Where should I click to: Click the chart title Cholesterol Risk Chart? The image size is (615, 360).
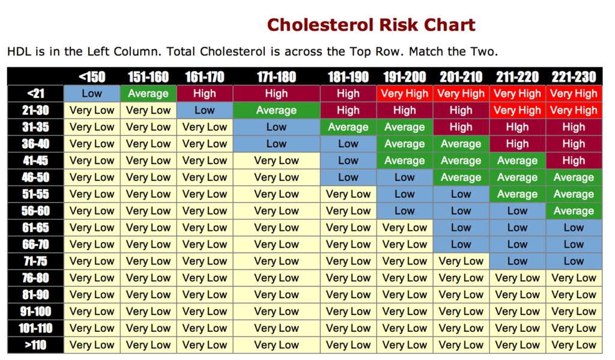pos(371,25)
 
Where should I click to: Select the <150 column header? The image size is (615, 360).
pos(92,77)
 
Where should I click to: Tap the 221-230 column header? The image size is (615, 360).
pos(573,77)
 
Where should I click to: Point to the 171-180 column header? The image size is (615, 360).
pos(276,77)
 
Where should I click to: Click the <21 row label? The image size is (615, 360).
pos(35,94)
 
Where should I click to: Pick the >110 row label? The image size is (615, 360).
pos(35,345)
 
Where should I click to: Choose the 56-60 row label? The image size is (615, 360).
pos(35,211)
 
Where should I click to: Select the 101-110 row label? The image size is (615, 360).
pos(35,328)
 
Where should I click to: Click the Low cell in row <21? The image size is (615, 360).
pos(92,94)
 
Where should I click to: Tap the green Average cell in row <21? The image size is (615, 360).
pos(148,94)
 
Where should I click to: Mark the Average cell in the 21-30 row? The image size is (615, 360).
pos(276,111)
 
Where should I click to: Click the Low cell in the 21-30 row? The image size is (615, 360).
pos(204,111)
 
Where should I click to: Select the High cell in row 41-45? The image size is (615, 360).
pos(573,160)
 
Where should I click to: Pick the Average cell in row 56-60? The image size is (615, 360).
pos(573,211)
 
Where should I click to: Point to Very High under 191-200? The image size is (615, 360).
pos(404,94)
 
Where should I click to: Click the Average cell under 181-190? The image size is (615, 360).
pos(348,127)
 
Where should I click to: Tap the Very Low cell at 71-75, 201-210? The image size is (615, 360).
pos(461,261)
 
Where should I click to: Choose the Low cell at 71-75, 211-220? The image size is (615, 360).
pos(517,261)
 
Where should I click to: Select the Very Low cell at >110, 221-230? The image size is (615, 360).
pos(573,345)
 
